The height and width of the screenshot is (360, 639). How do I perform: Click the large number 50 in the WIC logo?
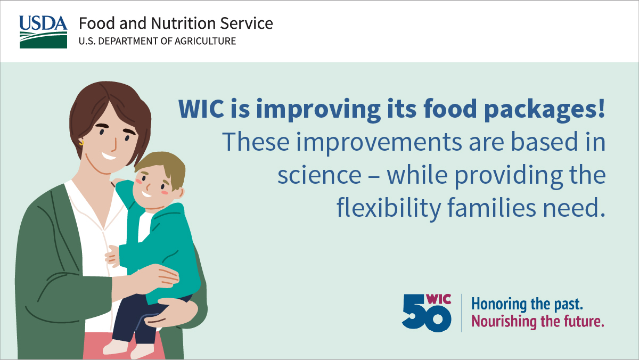pos(426,317)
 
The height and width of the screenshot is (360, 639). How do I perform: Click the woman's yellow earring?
pos(82,142)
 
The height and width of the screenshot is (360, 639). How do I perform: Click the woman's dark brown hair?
pos(106,104)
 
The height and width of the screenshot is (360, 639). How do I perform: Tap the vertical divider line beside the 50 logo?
pos(462,313)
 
